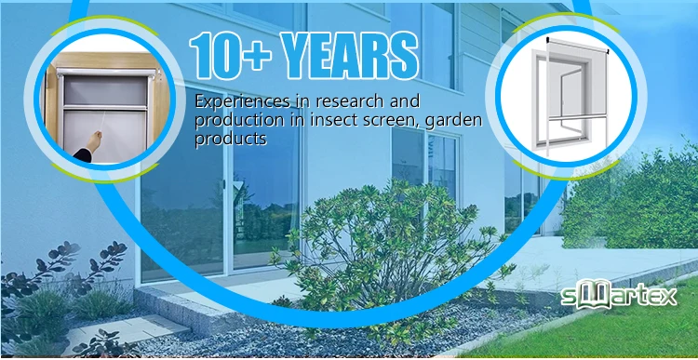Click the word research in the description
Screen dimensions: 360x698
pos(343,100)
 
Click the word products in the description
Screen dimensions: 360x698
pos(231,140)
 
